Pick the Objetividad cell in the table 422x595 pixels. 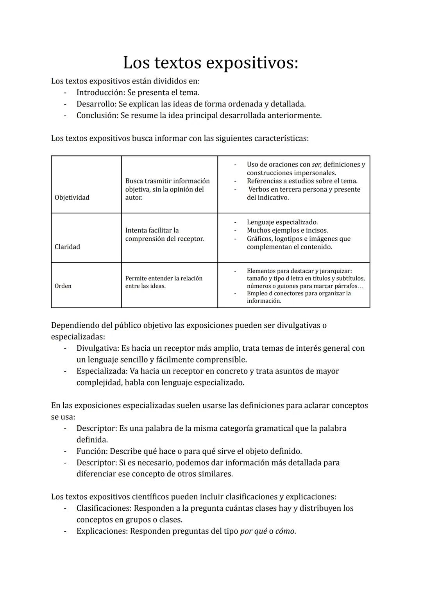(x=72, y=197)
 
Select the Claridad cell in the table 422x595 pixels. (x=68, y=247)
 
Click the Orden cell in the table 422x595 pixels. (x=63, y=286)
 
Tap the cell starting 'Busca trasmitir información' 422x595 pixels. (x=167, y=189)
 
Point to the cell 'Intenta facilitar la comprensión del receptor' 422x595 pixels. (x=165, y=234)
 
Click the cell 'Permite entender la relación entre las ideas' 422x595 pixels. (x=164, y=282)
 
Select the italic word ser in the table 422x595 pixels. (x=316, y=165)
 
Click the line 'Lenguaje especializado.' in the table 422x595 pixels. (x=282, y=222)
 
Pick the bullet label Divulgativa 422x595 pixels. (x=97, y=348)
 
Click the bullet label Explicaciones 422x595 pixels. (x=102, y=531)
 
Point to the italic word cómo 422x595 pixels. (x=285, y=531)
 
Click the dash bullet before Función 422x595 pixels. (x=66, y=451)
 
